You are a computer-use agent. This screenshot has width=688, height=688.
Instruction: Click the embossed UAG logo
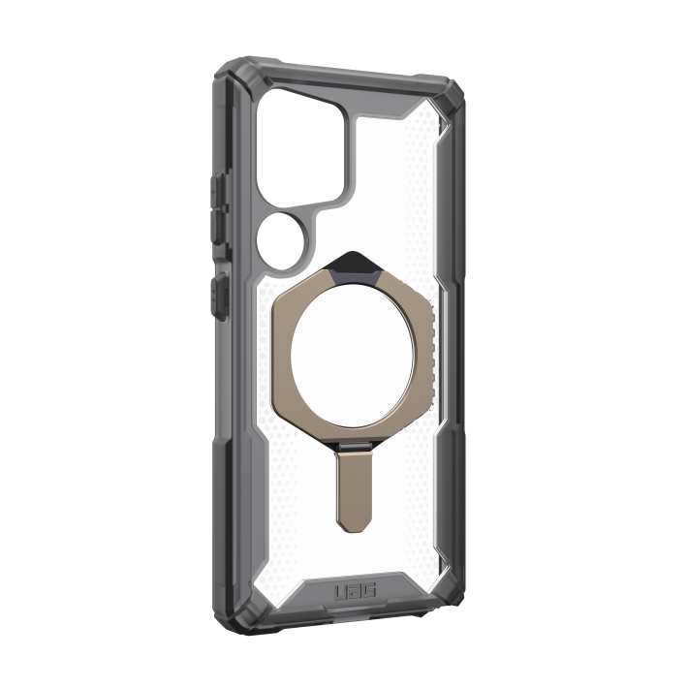[356, 592]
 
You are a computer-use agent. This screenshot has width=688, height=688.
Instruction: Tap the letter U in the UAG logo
[341, 593]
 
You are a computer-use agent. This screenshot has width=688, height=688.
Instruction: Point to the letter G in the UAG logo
[369, 591]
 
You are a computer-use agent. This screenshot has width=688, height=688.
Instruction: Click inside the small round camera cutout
[281, 240]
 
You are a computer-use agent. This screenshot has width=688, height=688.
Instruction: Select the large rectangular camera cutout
[300, 149]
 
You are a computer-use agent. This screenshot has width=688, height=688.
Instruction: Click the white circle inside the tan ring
[351, 357]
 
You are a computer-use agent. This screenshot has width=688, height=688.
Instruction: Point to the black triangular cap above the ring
[350, 262]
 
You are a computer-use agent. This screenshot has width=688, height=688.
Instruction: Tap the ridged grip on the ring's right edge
[432, 351]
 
